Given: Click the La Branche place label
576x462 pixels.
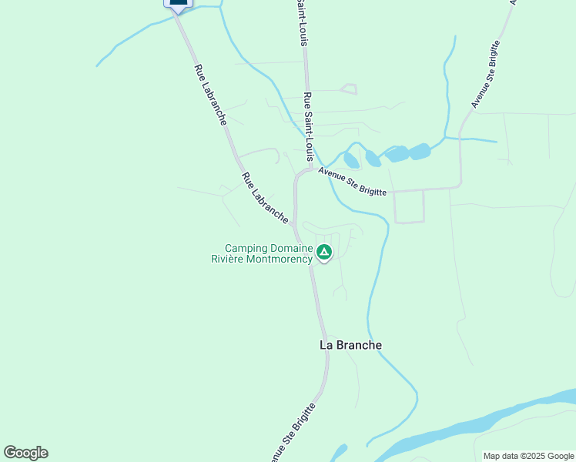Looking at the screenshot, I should coord(350,345).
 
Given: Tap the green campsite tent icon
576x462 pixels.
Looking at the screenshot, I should coord(324,252).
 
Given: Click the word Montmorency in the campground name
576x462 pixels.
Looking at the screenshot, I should coord(280,259).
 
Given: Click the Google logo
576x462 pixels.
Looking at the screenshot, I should coord(25,453).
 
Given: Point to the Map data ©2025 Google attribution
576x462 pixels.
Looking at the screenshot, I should coord(528,456).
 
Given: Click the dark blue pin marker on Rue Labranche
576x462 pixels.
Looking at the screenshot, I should coord(178,4).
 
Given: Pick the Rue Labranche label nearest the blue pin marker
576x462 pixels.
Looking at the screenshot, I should coord(209,95).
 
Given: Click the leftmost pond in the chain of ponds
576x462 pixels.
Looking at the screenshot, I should coord(351,160).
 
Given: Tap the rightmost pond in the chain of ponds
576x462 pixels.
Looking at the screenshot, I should coord(420,151).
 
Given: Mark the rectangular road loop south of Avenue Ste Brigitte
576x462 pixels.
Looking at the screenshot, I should coord(409,206).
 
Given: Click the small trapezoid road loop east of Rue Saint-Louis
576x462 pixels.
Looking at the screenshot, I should coord(348,89).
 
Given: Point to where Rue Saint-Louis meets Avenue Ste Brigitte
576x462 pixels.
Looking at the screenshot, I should coord(310,169).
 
